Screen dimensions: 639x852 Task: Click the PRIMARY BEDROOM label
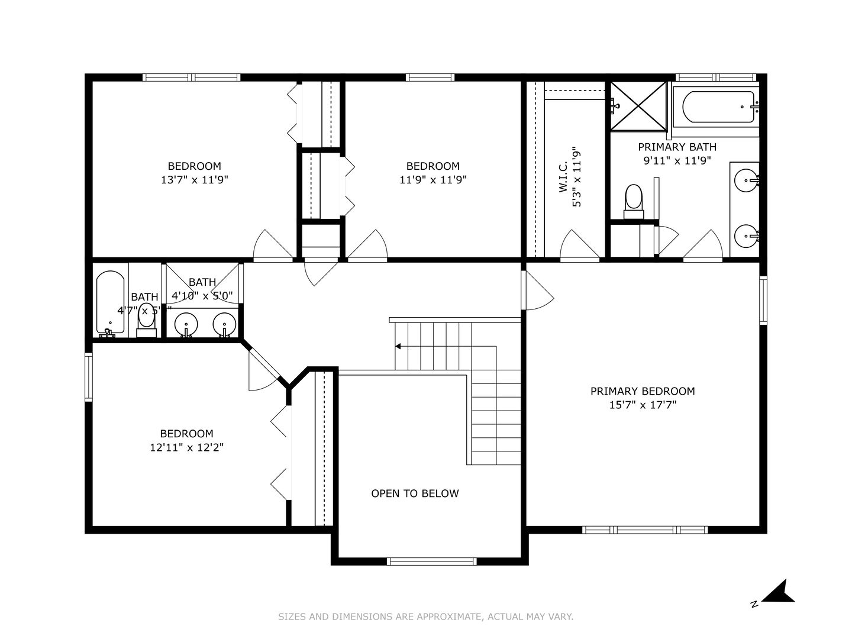[x=643, y=391]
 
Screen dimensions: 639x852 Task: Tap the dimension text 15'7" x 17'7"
[x=643, y=405]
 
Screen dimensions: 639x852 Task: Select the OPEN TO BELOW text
[x=415, y=493]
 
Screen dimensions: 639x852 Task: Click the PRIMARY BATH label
[x=677, y=147]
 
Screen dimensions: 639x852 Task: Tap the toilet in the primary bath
[x=634, y=199]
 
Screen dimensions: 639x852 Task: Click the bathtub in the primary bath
[x=718, y=106]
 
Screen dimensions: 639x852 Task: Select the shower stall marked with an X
[x=638, y=106]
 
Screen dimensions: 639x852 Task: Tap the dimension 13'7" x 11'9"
[x=194, y=180]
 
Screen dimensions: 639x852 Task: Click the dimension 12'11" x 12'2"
[x=186, y=448]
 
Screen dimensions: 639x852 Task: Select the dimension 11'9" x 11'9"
[x=433, y=180]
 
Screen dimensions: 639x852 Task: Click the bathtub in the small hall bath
[x=111, y=302]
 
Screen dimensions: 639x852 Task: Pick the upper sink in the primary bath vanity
[x=745, y=180]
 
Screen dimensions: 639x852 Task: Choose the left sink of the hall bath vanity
[x=186, y=324]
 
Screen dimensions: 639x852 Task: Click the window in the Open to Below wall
[x=431, y=561]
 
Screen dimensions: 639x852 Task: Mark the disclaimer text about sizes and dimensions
[x=425, y=617]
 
